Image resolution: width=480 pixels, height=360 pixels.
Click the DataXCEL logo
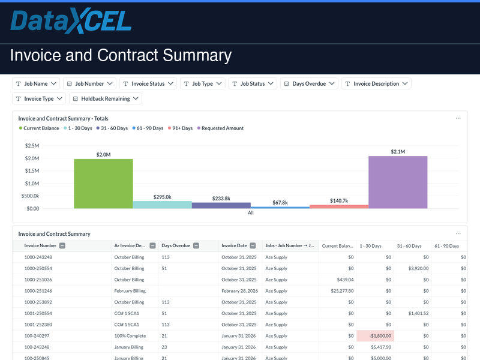[x=71, y=22]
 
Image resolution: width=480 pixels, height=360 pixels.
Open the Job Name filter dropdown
[x=36, y=84]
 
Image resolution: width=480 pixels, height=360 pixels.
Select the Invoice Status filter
[x=148, y=84]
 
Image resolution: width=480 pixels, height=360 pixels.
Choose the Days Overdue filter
[x=309, y=84]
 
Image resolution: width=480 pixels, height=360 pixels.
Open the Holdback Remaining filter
[x=106, y=99]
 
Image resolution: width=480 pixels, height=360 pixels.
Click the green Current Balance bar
[x=103, y=184]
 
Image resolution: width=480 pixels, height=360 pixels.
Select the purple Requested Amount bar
[x=398, y=182]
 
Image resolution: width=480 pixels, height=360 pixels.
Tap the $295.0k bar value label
[x=162, y=197]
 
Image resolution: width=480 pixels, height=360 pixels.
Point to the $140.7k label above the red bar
[x=339, y=200]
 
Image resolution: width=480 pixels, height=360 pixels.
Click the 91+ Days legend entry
[x=181, y=128]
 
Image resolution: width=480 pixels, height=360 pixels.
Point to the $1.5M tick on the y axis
[x=32, y=171]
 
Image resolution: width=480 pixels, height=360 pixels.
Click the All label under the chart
[x=251, y=213]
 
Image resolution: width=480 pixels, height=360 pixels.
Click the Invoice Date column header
[x=234, y=245]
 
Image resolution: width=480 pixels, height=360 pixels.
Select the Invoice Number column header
[x=40, y=245]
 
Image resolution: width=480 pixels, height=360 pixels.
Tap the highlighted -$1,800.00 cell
[x=375, y=336]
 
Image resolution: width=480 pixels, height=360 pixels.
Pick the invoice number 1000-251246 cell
[x=38, y=291]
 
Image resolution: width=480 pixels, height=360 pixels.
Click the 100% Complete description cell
[x=129, y=336]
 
